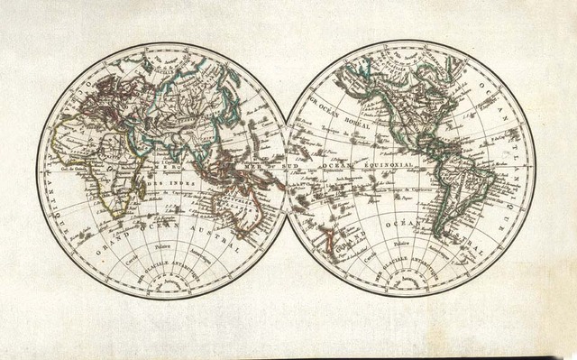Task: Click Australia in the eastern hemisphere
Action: pyautogui.click(x=242, y=207)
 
